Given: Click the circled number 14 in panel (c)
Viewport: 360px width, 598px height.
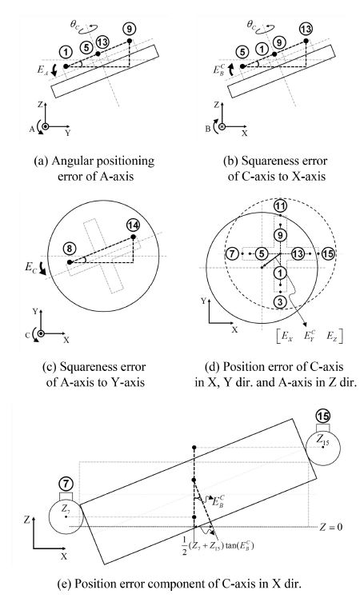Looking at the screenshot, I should (x=133, y=225).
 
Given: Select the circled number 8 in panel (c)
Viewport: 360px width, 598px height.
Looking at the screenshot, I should (x=70, y=249).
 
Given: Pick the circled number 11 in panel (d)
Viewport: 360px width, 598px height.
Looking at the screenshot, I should (x=280, y=206).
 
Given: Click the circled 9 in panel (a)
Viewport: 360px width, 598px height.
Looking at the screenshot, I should (x=129, y=30).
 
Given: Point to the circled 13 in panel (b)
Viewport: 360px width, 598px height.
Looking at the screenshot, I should (x=304, y=30).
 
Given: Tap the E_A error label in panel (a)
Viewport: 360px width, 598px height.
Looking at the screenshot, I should (x=42, y=70).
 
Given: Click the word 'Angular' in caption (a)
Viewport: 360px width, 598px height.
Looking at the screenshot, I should (x=74, y=161).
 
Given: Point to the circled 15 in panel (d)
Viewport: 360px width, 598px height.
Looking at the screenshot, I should (x=326, y=253).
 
